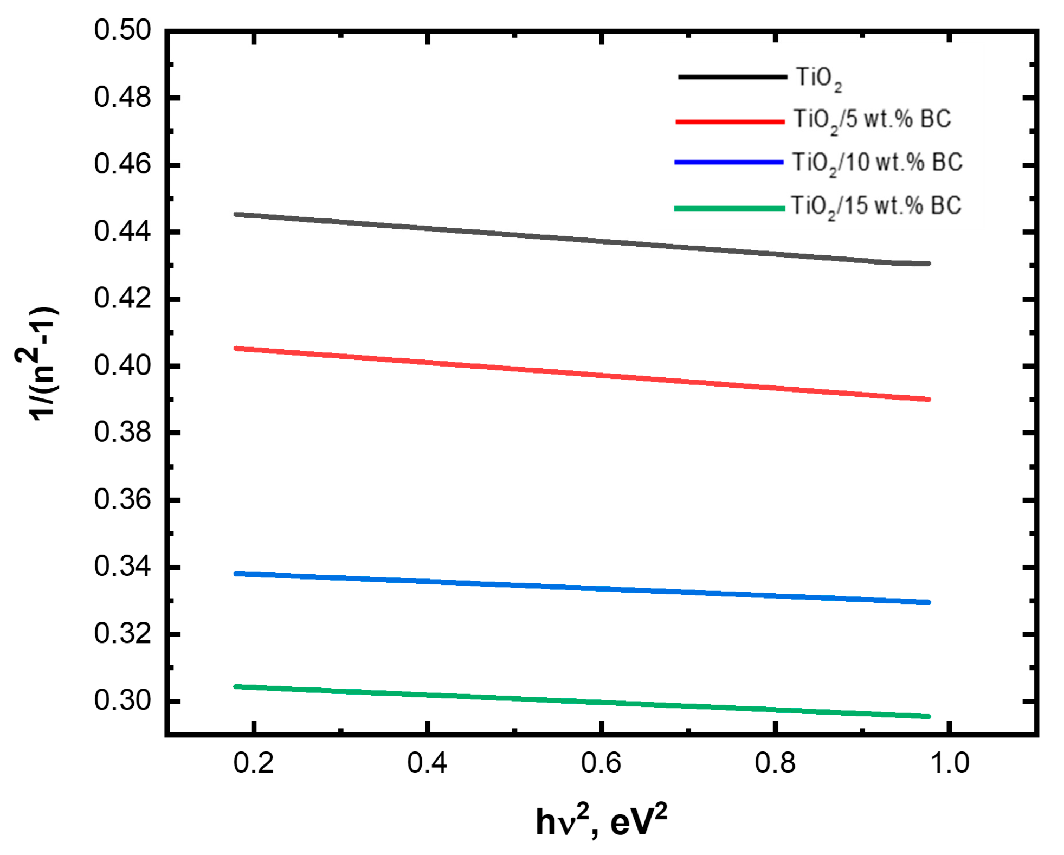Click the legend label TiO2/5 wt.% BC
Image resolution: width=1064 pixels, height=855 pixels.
(x=872, y=120)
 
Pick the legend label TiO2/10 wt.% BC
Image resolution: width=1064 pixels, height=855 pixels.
(x=877, y=163)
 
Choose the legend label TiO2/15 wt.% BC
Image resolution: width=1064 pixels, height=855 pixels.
(x=876, y=207)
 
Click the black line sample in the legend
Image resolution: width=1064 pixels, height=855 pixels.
(x=732, y=77)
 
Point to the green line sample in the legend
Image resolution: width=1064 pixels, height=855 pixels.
(x=730, y=209)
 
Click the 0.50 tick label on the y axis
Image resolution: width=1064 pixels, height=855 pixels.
(x=122, y=30)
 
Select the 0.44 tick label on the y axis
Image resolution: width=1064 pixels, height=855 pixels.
(x=122, y=232)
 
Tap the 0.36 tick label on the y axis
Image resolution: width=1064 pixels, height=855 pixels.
(x=122, y=500)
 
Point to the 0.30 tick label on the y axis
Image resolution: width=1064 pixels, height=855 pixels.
(x=122, y=701)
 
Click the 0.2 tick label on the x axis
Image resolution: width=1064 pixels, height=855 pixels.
(x=254, y=763)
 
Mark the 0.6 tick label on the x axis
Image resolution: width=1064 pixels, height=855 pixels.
(x=601, y=763)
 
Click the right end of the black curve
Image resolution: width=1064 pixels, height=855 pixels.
(x=928, y=264)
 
